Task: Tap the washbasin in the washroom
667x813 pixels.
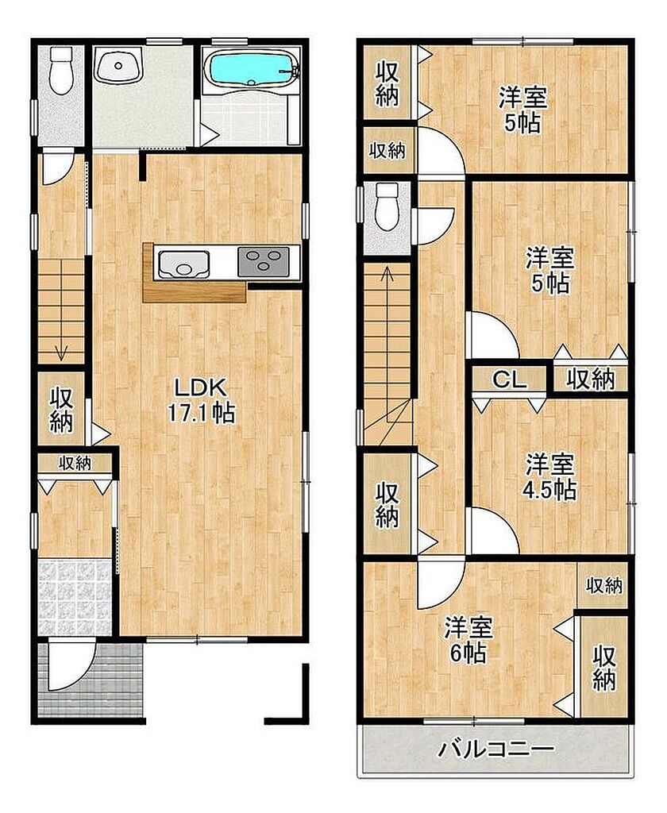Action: (119, 65)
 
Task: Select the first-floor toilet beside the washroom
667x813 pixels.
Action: (61, 71)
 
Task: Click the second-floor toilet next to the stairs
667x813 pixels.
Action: (387, 206)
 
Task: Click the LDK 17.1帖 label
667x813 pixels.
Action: (200, 400)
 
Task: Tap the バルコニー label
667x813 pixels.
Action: (496, 749)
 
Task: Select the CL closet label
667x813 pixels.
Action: (509, 380)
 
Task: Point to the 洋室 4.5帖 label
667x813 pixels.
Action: (550, 476)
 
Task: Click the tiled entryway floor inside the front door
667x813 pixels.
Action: (75, 597)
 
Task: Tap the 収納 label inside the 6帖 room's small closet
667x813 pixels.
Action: (603, 586)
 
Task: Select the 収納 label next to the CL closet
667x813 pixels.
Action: (590, 380)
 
